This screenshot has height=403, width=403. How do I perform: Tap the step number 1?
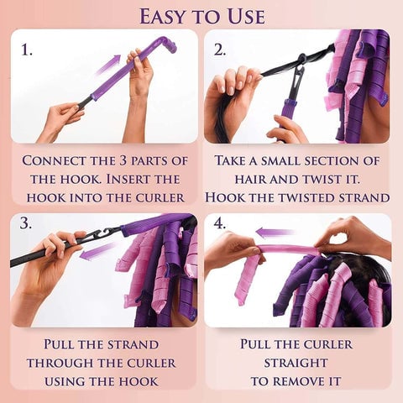[27, 50]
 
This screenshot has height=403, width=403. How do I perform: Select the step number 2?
[220, 50]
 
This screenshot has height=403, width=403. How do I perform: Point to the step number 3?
[26, 223]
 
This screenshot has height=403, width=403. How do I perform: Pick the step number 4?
[220, 223]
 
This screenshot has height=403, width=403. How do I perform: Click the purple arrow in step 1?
[107, 65]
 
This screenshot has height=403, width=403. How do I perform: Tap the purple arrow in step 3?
[97, 251]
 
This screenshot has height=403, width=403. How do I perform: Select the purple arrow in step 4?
[275, 232]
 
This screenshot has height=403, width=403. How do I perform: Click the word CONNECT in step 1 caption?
[55, 160]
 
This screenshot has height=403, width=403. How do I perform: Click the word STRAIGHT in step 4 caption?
[296, 363]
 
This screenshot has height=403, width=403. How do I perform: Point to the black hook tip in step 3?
[106, 232]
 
